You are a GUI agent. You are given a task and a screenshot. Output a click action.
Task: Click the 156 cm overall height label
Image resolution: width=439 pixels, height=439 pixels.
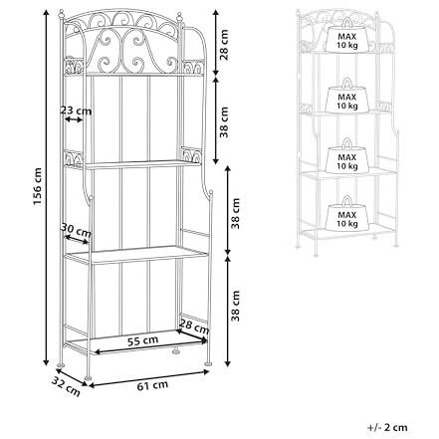point(38,186)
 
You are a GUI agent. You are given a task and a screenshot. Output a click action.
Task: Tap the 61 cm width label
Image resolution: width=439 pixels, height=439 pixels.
point(152,385)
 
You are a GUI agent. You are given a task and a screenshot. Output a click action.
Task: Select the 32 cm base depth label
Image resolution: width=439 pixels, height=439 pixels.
point(66,387)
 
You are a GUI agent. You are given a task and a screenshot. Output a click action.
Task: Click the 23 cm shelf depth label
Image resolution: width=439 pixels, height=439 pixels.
point(76,110)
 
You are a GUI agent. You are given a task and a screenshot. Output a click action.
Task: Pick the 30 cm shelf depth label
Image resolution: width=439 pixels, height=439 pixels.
point(76,230)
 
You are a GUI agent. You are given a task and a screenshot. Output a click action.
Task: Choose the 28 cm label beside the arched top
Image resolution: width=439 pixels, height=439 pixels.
point(225,45)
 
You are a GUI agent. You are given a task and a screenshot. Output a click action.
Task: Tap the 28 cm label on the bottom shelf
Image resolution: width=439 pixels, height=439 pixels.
point(195,327)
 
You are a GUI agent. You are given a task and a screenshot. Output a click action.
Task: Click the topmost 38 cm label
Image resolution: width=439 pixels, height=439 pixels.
point(225,122)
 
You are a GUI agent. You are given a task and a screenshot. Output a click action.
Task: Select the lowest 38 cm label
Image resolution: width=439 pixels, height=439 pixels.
point(235,306)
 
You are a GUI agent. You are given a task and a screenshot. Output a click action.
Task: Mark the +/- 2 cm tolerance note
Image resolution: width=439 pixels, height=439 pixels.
point(387,427)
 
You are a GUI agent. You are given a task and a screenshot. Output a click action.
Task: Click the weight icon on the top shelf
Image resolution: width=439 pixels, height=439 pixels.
point(347,36)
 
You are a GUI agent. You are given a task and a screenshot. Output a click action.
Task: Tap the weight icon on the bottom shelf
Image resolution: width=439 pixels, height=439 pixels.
point(347,214)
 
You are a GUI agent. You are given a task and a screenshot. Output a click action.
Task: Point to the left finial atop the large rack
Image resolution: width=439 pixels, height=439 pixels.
point(61,15)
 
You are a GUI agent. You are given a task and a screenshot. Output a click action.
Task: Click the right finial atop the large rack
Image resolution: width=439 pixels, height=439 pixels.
point(180,17)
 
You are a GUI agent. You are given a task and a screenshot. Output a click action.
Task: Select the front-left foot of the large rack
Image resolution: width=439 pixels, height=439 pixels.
point(88,377)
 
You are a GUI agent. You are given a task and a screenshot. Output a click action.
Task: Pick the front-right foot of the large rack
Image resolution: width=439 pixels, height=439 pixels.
point(208,362)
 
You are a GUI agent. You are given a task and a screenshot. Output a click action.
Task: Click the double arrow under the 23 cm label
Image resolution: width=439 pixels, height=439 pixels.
point(74,119)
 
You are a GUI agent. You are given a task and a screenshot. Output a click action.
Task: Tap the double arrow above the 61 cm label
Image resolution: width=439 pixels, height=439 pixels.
point(148,378)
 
